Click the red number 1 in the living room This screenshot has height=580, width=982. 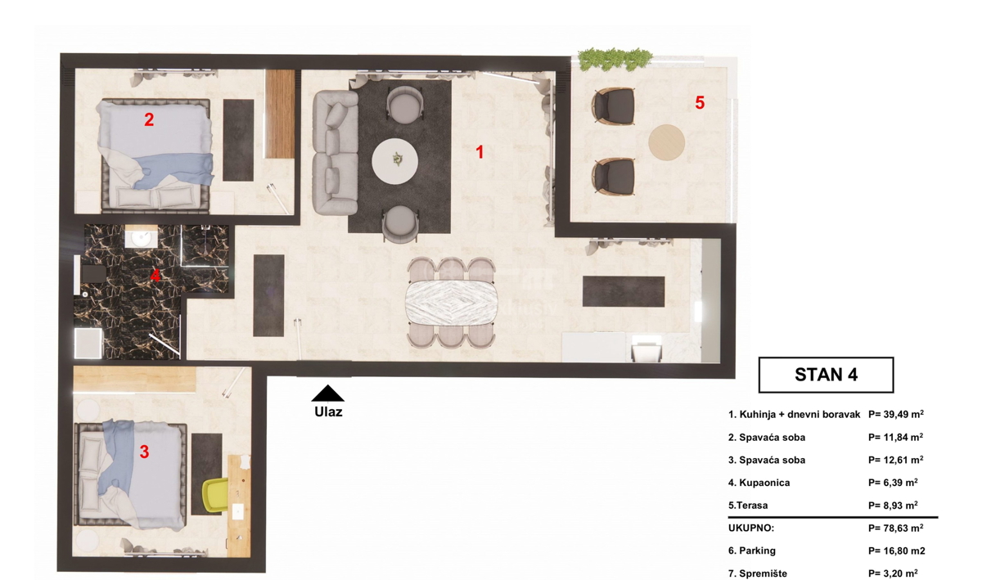pos(480,152)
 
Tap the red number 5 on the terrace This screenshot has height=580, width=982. pos(700,102)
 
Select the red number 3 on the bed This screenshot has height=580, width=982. pos(144,452)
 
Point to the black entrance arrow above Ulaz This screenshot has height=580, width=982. pos(327,393)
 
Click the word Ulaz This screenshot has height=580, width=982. pos(328,412)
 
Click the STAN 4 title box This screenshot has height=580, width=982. pos(826,375)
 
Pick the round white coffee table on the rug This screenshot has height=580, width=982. pos(394,161)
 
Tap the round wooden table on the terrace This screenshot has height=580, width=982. pos(666,142)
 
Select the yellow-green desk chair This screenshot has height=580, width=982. pos(216,495)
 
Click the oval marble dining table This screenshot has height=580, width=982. pos(452,303)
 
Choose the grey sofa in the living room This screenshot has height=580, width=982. pos(336,152)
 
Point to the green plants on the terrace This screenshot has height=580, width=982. pos(615,60)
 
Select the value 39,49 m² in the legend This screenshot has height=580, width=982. pos(896,414)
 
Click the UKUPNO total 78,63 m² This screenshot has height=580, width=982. pos(895,528)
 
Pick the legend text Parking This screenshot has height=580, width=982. pos(752,551)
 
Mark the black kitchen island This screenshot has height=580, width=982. pos(624,291)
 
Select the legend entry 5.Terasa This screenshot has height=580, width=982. pos(748,506)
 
